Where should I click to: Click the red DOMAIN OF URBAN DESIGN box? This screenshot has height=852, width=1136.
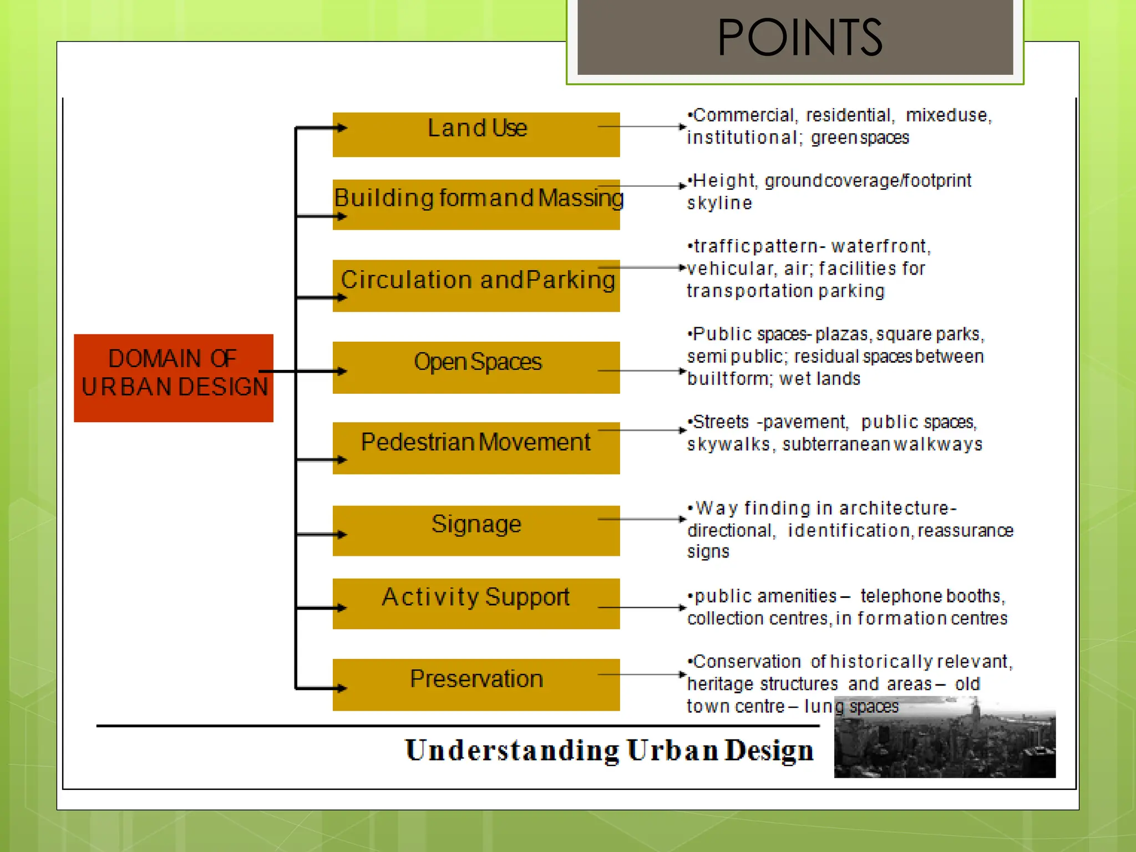point(173,378)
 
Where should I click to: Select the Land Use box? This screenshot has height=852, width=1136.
point(476,134)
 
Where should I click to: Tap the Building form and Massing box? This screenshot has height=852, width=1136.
point(476,204)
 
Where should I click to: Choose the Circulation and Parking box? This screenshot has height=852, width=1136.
point(476,285)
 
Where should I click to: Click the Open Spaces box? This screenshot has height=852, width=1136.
point(476,367)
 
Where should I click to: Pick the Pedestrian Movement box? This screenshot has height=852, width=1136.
point(476,448)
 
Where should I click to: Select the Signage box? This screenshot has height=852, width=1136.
point(476,530)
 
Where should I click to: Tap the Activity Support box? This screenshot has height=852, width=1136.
point(476,603)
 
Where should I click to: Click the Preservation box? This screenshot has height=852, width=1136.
point(476,684)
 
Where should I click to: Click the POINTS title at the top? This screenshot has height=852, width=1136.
point(799,38)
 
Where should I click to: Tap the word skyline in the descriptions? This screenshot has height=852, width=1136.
point(719,203)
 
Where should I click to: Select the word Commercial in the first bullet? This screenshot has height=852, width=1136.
point(744,115)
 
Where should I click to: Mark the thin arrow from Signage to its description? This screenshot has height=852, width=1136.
point(641,519)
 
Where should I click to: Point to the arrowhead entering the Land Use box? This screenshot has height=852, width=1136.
point(342,128)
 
